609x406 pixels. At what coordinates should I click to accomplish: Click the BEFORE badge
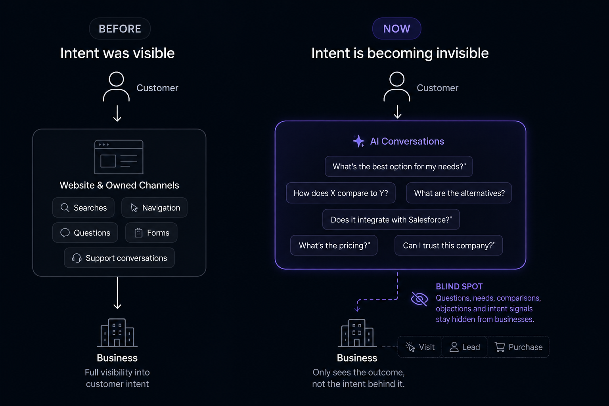click(120, 29)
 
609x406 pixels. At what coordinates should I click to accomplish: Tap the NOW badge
click(396, 29)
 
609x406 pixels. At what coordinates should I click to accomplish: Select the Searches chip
click(83, 207)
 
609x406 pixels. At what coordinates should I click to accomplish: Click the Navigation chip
click(154, 207)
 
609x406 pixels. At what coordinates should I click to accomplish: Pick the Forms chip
click(151, 232)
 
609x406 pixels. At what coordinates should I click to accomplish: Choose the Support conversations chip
click(119, 258)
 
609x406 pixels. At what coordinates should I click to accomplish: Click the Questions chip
click(85, 232)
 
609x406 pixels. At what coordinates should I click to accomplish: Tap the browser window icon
click(119, 157)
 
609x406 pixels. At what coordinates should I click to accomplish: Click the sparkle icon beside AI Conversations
click(358, 141)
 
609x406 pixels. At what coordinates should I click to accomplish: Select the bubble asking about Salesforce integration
click(391, 219)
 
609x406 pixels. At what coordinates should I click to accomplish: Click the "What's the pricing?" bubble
click(334, 245)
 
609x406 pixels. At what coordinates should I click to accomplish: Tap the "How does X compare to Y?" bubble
click(341, 193)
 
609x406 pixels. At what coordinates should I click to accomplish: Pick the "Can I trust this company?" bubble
click(448, 245)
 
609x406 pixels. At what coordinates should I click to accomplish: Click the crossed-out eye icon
click(419, 299)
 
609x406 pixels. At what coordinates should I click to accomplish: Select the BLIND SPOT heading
click(459, 286)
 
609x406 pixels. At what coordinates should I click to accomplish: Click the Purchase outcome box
click(518, 347)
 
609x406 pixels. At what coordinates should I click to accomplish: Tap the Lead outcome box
click(464, 347)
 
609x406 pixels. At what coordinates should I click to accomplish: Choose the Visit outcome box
click(420, 347)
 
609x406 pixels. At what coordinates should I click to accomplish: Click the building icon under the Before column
click(117, 333)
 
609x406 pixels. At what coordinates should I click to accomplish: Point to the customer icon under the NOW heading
click(396, 86)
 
